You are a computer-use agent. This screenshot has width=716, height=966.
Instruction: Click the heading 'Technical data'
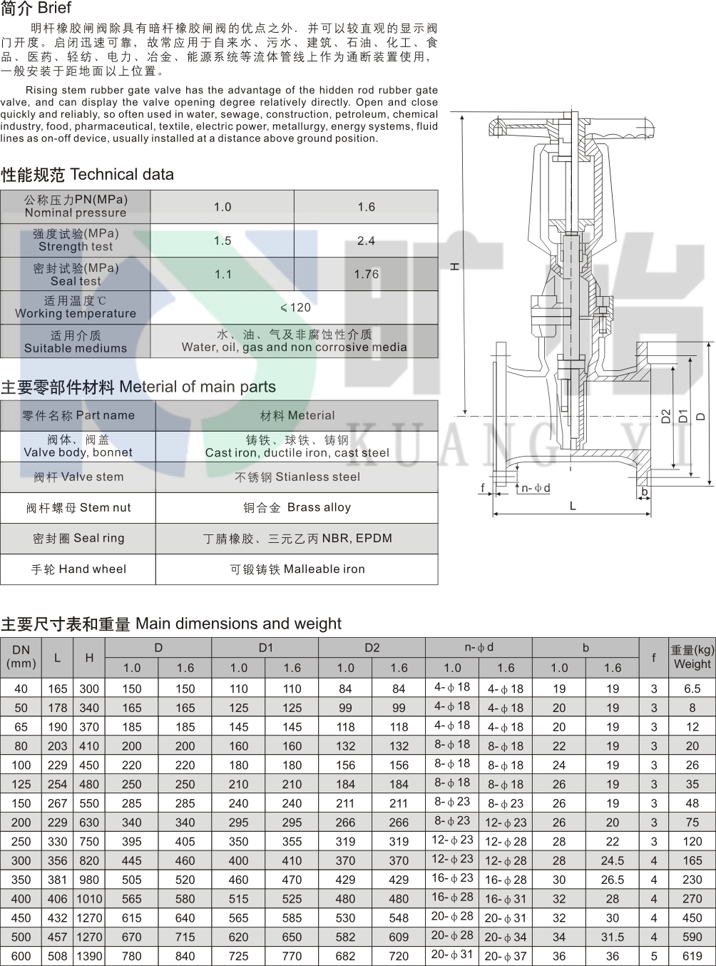(x=122, y=174)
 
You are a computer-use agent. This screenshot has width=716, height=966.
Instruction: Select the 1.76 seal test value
(x=367, y=274)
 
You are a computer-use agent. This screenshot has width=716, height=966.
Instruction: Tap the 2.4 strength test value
(x=367, y=240)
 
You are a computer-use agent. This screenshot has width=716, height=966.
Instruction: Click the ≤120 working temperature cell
(x=295, y=307)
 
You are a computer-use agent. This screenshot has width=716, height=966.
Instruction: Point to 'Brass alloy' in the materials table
(x=319, y=507)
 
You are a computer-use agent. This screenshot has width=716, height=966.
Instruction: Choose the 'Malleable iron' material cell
(x=324, y=569)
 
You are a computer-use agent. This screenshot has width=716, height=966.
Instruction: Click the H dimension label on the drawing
(x=455, y=266)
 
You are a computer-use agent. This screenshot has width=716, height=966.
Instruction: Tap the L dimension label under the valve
(x=573, y=506)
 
